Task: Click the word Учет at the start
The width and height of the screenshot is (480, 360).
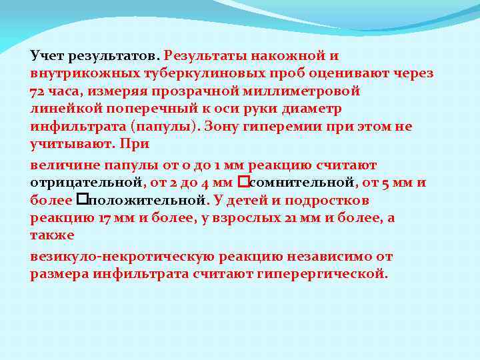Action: click(x=47, y=55)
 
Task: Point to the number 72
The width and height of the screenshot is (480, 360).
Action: click(x=39, y=91)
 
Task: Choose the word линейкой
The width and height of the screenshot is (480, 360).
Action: click(x=63, y=109)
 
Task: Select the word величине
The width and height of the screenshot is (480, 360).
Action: click(x=61, y=165)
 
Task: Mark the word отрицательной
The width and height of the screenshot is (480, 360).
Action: click(x=85, y=183)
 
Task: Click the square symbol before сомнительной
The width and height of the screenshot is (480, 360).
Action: click(x=243, y=182)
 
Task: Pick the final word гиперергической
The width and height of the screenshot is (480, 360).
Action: click(x=329, y=274)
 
